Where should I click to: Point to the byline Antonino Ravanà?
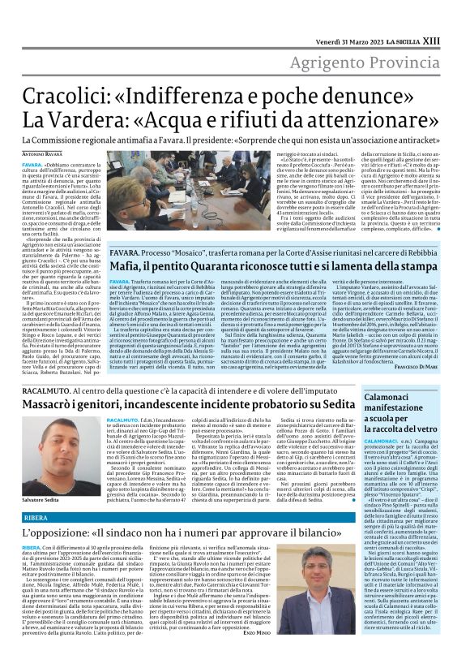[x=42, y=154]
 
